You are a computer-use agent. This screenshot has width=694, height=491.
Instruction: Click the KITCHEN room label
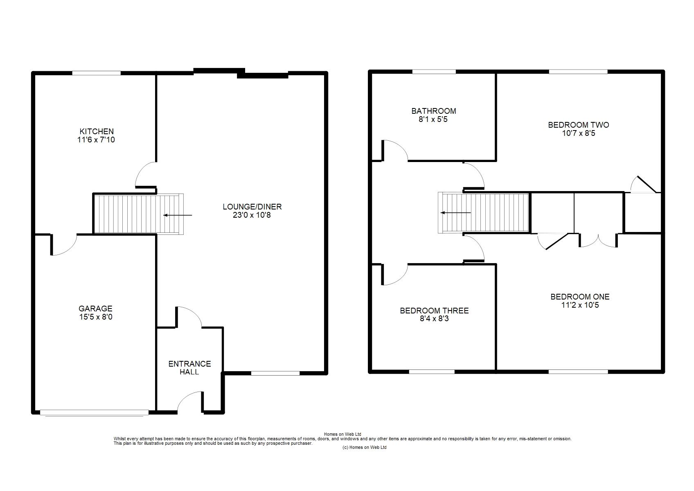[x=96, y=131]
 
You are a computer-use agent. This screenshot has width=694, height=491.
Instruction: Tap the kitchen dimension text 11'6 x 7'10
[x=96, y=140]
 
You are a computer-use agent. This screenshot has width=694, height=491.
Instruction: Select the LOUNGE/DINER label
[x=252, y=207]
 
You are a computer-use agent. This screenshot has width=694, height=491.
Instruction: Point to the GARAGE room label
[x=95, y=309]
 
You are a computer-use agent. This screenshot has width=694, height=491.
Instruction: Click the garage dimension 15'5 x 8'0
[x=96, y=317]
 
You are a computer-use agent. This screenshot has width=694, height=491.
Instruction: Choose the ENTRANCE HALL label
[x=189, y=368]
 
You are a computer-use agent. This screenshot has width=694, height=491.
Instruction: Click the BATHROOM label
[x=433, y=111]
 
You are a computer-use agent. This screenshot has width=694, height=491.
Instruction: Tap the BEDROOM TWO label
[x=579, y=125]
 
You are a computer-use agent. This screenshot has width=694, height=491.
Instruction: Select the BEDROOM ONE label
[x=580, y=297]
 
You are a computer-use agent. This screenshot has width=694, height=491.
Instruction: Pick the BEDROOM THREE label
[x=434, y=311]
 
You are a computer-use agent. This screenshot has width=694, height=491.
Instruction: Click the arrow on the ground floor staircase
[x=178, y=215]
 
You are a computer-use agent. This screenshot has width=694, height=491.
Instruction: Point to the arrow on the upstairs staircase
[x=455, y=212]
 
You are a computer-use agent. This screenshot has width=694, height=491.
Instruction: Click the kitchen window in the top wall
[x=96, y=73]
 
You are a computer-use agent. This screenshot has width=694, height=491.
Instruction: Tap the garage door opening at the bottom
[x=94, y=412]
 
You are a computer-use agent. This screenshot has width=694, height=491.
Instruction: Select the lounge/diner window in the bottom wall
[x=275, y=373]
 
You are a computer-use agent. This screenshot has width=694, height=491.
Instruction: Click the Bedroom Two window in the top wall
[x=578, y=72]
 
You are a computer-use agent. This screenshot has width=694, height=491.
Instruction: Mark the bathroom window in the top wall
[x=434, y=72]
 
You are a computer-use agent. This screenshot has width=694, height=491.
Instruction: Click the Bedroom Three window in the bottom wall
[x=432, y=372]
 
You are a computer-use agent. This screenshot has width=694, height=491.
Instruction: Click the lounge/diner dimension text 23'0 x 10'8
[x=252, y=215]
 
